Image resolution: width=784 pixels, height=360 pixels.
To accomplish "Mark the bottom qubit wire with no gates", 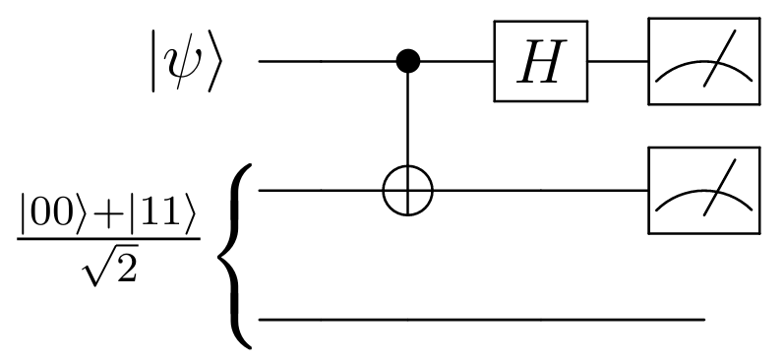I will (x=482, y=320).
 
